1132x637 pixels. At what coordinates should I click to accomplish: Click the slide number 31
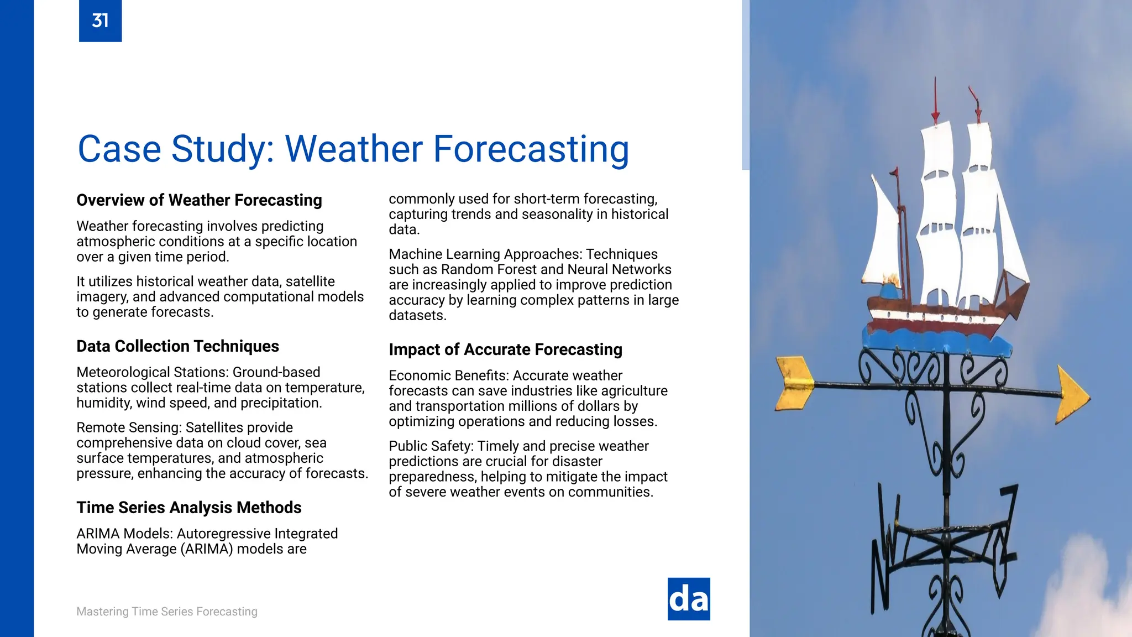click(100, 21)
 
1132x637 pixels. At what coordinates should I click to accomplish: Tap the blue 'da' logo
click(689, 599)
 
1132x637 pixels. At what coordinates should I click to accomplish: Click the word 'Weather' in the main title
click(354, 149)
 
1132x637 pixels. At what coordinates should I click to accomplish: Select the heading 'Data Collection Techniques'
click(177, 346)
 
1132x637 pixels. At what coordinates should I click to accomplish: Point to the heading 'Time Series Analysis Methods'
click(188, 508)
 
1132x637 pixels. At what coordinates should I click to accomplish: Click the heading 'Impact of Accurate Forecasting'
click(505, 349)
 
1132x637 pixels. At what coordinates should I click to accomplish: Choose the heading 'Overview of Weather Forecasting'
click(199, 200)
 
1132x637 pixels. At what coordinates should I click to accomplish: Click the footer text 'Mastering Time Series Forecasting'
click(166, 612)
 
